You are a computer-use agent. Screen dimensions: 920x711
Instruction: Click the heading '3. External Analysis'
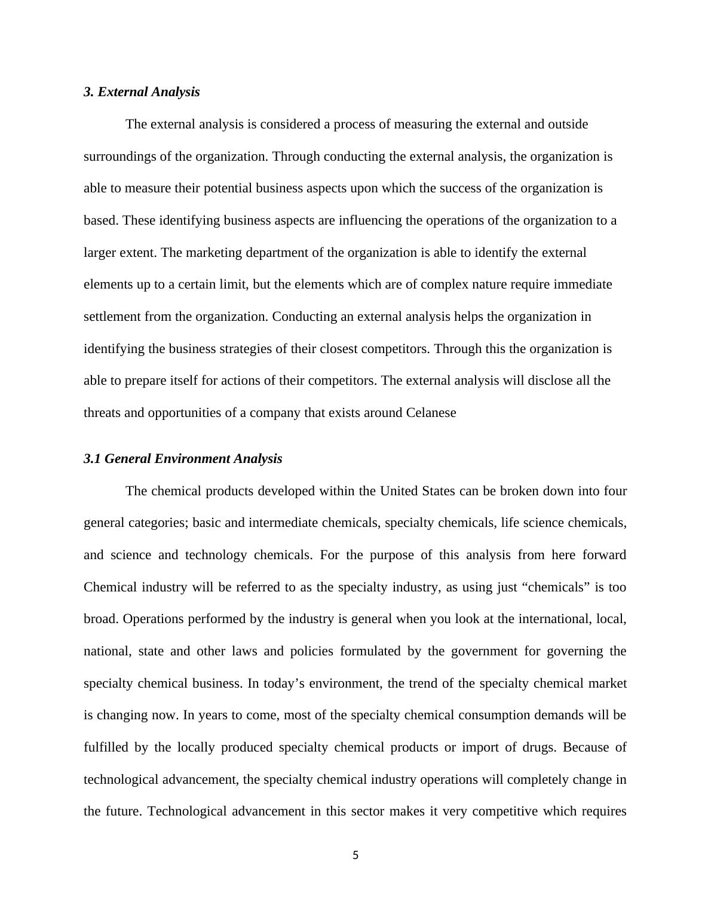142,92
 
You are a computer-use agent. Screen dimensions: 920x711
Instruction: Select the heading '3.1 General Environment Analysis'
183,459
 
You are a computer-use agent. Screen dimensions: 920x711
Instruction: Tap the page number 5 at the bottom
355,855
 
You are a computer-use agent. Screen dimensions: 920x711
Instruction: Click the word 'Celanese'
431,413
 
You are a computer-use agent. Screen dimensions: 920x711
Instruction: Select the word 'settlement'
112,317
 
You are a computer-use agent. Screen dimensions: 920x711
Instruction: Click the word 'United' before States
399,491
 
